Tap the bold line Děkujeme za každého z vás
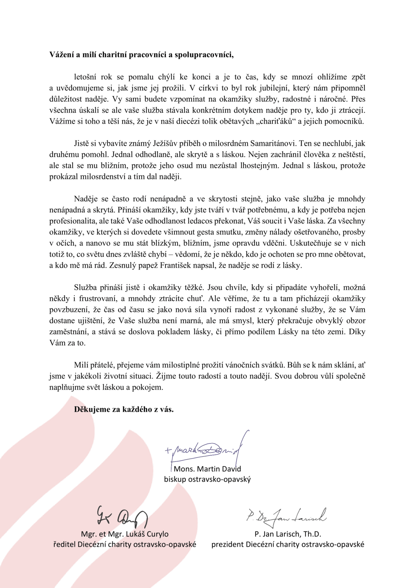[124, 409]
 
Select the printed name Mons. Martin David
[207, 469]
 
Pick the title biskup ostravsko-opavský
[207, 479]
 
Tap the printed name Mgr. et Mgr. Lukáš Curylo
[125, 534]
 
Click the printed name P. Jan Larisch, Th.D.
[288, 534]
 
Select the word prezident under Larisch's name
[228, 544]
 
